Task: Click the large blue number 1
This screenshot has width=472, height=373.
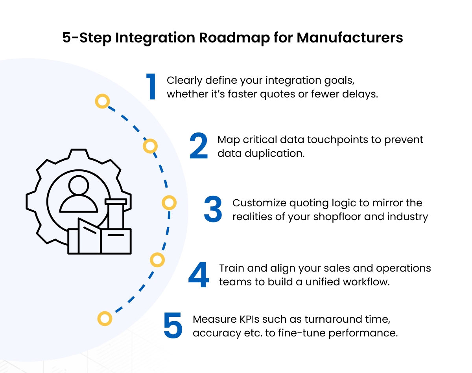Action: click(x=151, y=87)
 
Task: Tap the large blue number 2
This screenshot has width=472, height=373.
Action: click(x=199, y=146)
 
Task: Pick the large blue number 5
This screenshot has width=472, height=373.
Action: click(x=173, y=326)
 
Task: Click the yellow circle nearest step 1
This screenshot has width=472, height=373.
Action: click(x=102, y=102)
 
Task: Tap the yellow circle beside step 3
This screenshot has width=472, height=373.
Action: click(x=169, y=203)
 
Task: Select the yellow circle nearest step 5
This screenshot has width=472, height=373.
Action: click(x=105, y=318)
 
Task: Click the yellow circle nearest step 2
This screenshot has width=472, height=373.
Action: click(x=150, y=147)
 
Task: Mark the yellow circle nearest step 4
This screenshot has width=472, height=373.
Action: click(x=157, y=260)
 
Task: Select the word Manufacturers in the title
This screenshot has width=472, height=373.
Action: click(x=350, y=38)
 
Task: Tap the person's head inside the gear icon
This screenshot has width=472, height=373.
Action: click(x=78, y=185)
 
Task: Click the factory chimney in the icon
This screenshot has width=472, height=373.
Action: click(x=116, y=214)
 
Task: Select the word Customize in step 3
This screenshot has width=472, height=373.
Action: click(x=259, y=203)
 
